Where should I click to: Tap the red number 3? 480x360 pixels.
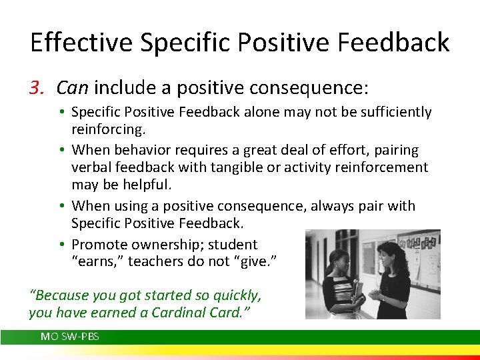pyautogui.click(x=37, y=87)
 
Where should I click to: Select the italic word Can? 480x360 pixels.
pyautogui.click(x=73, y=87)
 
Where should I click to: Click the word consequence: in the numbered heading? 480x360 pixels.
pyautogui.click(x=309, y=89)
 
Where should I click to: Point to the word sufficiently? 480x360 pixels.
pyautogui.click(x=396, y=112)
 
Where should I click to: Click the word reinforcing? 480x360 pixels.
pyautogui.click(x=109, y=129)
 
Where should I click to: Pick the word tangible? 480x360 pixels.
pyautogui.click(x=237, y=167)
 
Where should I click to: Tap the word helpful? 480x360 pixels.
pyautogui.click(x=147, y=184)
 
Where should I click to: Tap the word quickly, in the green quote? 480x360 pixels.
pyautogui.click(x=237, y=296)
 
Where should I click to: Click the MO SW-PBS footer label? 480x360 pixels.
pyautogui.click(x=70, y=337)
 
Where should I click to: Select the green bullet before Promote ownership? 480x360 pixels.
pyautogui.click(x=62, y=244)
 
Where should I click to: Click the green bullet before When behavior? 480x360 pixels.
pyautogui.click(x=62, y=150)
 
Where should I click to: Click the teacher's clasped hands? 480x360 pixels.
pyautogui.click(x=375, y=295)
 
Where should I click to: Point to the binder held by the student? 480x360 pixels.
pyautogui.click(x=357, y=293)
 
